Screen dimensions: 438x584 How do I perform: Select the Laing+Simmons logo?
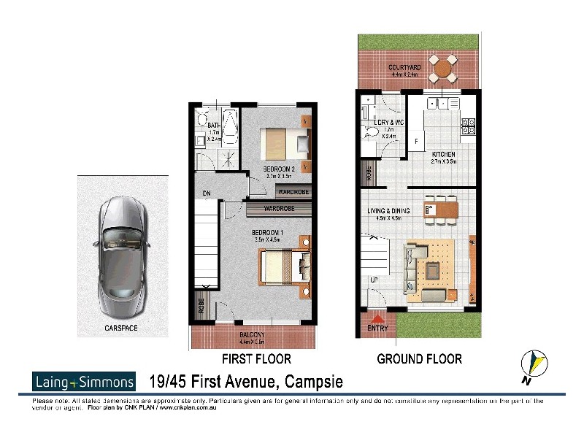(84, 381)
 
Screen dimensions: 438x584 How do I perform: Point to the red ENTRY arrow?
(378, 320)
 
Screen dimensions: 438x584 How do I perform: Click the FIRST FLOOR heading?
(256, 358)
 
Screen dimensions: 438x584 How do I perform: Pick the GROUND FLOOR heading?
(419, 358)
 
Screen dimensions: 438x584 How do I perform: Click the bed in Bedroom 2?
(285, 141)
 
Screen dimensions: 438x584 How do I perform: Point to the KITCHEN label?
(443, 154)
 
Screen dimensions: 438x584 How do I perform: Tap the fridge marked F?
(416, 140)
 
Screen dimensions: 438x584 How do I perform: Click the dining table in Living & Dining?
(442, 208)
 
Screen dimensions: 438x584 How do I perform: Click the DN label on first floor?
(207, 193)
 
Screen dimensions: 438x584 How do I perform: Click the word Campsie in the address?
(308, 382)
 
